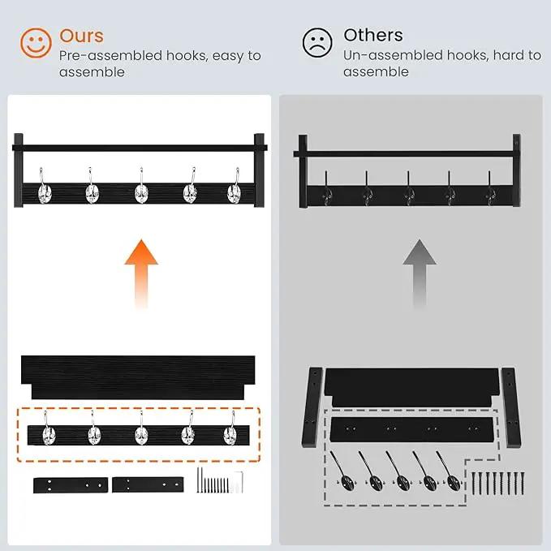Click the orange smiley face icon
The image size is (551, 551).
(x=36, y=43)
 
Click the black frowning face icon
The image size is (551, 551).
(x=317, y=42)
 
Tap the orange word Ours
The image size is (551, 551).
(x=81, y=36)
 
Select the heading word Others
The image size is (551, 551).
(x=373, y=35)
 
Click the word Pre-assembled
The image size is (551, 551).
(x=110, y=56)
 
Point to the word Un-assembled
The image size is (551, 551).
(x=393, y=55)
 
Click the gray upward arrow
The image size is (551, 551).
(x=420, y=273)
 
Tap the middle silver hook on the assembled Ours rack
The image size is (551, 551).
(x=141, y=187)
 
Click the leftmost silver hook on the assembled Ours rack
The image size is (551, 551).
(x=45, y=187)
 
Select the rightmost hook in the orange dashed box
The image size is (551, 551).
(x=230, y=429)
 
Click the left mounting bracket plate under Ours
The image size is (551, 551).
(x=71, y=485)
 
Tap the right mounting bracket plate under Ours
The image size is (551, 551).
(x=148, y=484)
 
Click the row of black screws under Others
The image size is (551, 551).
(x=497, y=484)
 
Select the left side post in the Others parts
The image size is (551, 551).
(x=312, y=407)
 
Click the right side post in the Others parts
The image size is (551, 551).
(x=511, y=407)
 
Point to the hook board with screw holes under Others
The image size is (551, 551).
(x=412, y=429)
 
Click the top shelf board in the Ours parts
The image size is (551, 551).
(x=138, y=377)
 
